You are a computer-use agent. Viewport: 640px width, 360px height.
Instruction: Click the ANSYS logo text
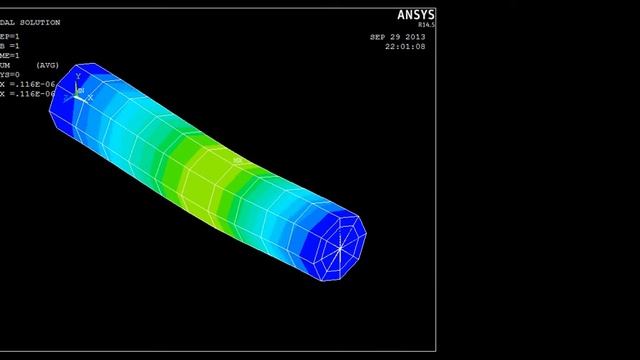[416, 15]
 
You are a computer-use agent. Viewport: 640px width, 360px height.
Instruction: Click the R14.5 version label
[426, 25]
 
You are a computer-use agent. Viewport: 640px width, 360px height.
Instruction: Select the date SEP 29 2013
[398, 37]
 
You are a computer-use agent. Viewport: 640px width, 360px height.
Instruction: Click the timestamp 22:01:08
[405, 47]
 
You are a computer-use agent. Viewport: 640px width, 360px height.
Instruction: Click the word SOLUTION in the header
[41, 22]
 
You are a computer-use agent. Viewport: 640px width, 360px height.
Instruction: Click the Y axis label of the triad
[78, 77]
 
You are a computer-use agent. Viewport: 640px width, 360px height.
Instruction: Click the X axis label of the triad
[90, 98]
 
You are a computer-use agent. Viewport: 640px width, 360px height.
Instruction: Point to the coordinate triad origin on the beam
[78, 95]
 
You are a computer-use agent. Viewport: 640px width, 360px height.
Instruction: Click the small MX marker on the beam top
[237, 160]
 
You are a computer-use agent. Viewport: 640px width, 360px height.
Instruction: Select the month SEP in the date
[378, 37]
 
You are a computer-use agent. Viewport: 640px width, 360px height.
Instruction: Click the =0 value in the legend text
[14, 73]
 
